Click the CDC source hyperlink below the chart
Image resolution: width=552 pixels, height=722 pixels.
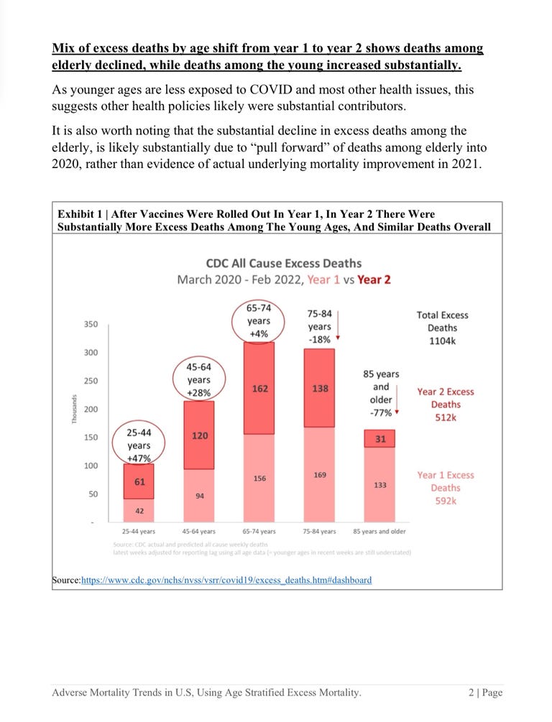point(226,580)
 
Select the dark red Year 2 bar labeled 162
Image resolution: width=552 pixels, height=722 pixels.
point(259,389)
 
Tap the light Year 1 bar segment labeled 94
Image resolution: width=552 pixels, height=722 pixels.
point(198,496)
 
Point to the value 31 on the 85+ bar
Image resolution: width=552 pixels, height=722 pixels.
point(380,438)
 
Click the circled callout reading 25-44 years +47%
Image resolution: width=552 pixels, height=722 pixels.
point(139,447)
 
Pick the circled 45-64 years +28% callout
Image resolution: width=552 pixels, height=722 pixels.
point(199,380)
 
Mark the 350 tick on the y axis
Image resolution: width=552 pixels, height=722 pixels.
point(91,325)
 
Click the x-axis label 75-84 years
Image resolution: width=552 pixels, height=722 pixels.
point(319,532)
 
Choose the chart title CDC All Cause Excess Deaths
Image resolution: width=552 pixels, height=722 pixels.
point(284,263)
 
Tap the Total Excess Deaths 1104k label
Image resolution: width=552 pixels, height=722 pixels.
point(441,328)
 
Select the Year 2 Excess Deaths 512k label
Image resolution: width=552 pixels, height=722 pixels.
point(446,404)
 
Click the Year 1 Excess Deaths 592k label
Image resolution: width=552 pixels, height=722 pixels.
point(446,488)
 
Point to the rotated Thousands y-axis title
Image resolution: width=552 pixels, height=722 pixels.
point(75,409)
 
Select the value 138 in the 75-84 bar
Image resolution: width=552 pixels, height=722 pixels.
point(320,389)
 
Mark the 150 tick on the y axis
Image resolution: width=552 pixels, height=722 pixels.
point(91,438)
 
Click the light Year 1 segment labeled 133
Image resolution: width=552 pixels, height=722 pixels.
point(380,485)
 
